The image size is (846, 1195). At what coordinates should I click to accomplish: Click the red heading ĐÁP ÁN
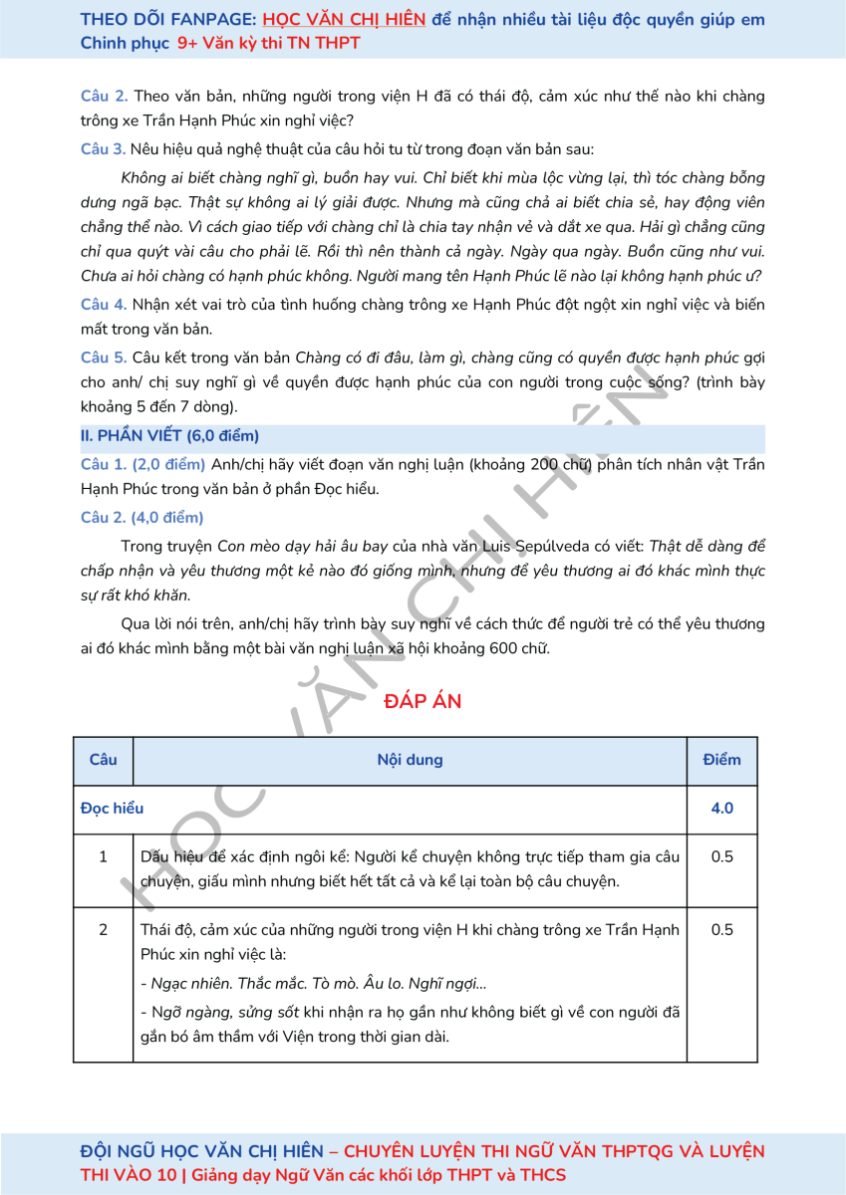click(x=423, y=701)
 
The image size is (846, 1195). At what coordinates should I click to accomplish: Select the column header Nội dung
click(x=410, y=760)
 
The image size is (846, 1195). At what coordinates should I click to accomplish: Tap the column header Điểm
click(x=721, y=760)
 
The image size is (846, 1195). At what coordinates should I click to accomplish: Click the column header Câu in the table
click(x=103, y=760)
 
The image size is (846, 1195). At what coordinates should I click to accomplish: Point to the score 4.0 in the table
click(x=721, y=809)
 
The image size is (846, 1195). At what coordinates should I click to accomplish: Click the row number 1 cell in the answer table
click(x=103, y=856)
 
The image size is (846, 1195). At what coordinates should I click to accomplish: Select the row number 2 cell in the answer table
click(x=103, y=930)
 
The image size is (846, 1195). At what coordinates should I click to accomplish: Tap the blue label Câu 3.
click(x=103, y=150)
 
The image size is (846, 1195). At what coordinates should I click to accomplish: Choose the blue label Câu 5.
click(x=103, y=358)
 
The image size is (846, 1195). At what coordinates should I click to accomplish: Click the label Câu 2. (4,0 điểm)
click(x=141, y=517)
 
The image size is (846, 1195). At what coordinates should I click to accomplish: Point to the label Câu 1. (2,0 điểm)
click(x=142, y=464)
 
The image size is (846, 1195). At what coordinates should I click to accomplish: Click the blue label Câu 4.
click(x=103, y=304)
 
